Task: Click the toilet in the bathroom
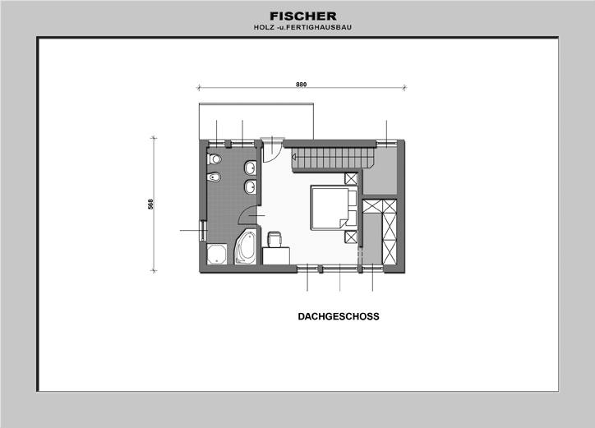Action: click(x=214, y=159)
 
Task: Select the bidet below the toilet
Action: click(x=214, y=177)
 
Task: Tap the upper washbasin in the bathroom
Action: click(x=250, y=168)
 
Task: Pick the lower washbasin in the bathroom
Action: click(x=250, y=187)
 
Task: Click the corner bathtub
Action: click(x=245, y=246)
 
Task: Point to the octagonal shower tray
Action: click(x=217, y=254)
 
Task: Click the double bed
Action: click(x=334, y=208)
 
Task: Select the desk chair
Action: click(x=274, y=239)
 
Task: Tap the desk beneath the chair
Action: click(x=276, y=255)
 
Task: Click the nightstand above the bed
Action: click(x=351, y=179)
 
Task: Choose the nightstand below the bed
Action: click(x=351, y=237)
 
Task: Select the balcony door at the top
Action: click(x=272, y=150)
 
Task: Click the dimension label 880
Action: click(x=302, y=85)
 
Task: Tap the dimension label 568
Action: click(x=150, y=204)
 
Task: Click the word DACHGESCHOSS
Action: click(x=339, y=316)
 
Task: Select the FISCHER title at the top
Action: click(x=303, y=16)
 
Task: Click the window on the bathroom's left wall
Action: click(x=203, y=230)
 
